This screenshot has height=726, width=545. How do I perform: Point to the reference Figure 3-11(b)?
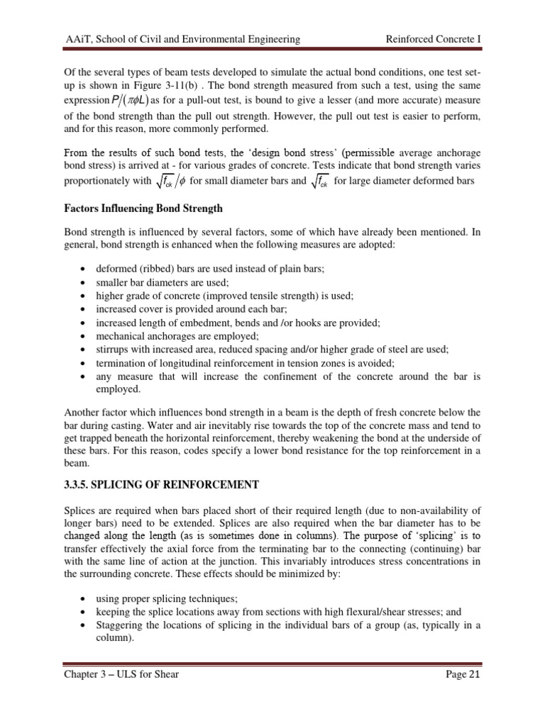(x=179, y=87)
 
